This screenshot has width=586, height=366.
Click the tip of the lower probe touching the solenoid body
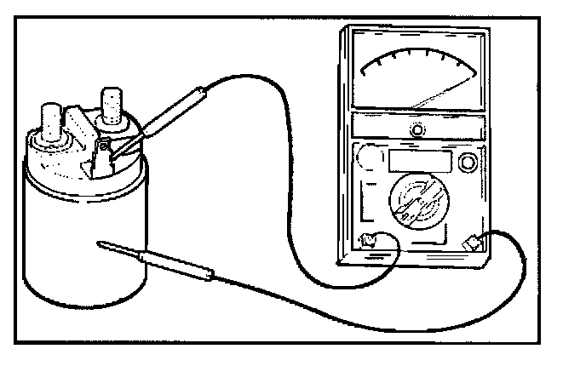click(103, 244)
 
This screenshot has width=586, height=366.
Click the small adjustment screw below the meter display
click(417, 129)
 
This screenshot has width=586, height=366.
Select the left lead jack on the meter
click(370, 241)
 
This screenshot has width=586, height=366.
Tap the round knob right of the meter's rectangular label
click(467, 162)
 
